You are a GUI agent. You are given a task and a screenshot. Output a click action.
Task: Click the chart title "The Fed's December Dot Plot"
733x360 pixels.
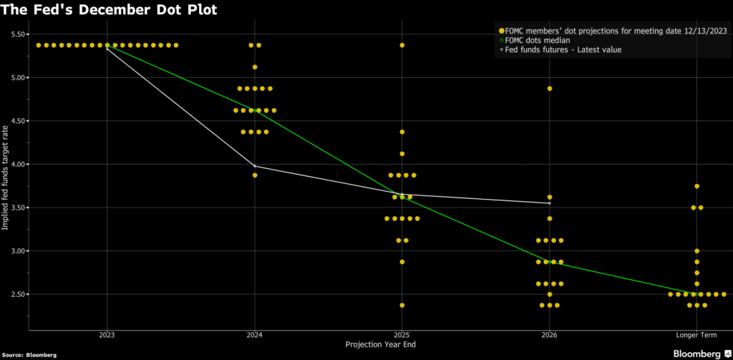[x=108, y=10]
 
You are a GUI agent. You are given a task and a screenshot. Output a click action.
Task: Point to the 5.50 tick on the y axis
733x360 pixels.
[x=19, y=34]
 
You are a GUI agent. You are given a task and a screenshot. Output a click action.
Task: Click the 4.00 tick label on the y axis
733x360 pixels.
[x=19, y=165]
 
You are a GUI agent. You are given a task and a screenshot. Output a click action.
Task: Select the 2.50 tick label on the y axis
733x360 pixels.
[x=19, y=294]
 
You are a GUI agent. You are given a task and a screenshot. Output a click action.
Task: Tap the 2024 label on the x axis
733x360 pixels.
[x=255, y=334]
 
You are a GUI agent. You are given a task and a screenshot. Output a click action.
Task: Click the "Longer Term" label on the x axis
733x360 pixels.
[x=696, y=334]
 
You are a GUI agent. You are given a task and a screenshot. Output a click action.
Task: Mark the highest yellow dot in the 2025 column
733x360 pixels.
[x=402, y=45]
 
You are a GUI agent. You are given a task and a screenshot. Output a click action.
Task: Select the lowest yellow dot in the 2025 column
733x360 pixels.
[x=402, y=305]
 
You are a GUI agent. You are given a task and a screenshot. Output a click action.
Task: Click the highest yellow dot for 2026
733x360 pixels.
[x=550, y=89]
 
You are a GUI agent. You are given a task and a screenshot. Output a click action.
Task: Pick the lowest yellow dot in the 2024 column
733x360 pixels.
[x=255, y=175]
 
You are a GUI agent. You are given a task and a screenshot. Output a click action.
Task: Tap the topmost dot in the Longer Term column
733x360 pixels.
[x=696, y=186]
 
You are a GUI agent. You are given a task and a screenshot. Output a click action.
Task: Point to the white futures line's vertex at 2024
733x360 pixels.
[x=255, y=166]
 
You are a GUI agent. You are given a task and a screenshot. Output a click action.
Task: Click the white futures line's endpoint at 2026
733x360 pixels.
[x=549, y=203]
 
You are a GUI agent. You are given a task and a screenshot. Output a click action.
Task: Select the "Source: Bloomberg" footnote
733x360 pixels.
[x=30, y=354]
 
